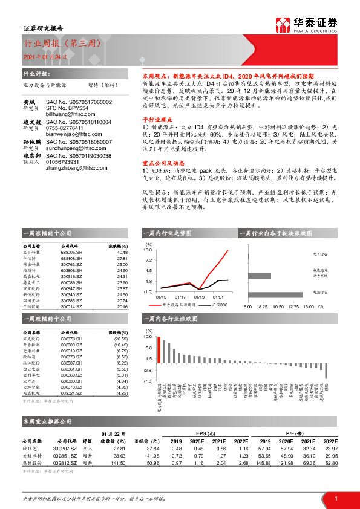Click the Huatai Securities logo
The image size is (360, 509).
click(x=315, y=25)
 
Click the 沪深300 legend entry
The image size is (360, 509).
click(x=221, y=305)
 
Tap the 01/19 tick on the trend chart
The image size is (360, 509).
click(x=199, y=297)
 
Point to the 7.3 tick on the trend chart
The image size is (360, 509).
click(x=149, y=260)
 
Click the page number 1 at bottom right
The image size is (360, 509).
click(x=335, y=498)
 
